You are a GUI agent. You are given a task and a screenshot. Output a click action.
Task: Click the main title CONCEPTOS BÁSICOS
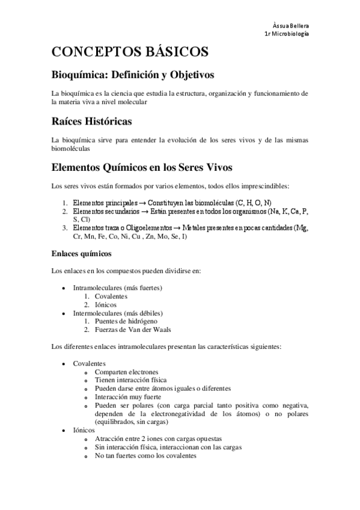pos(130,52)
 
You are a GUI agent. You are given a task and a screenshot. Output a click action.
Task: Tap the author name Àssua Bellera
pos(291,26)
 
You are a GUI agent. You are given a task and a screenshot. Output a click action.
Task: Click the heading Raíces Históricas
pos(92,121)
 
